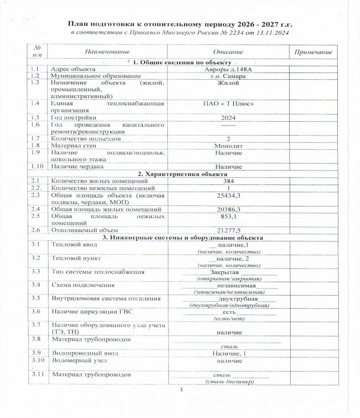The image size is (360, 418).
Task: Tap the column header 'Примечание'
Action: (314, 52)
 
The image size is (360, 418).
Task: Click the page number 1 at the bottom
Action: (181, 392)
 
